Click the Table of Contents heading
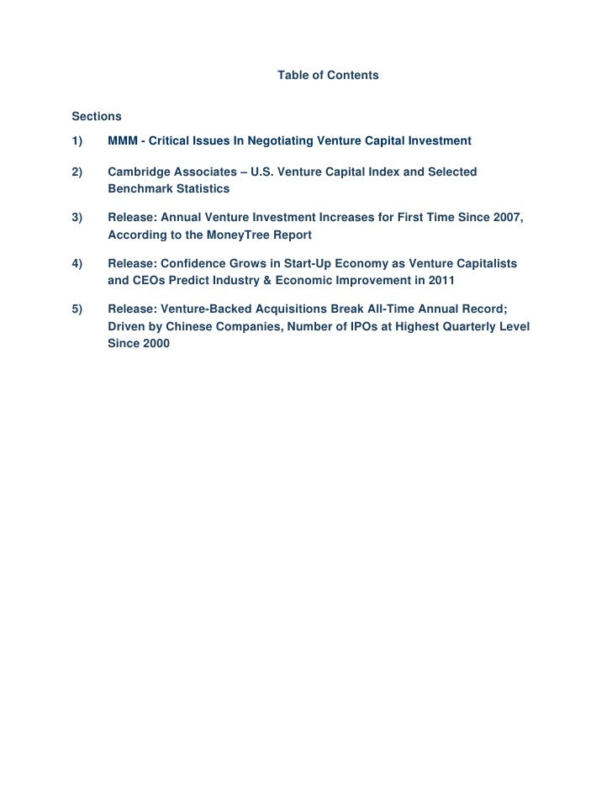coord(328,76)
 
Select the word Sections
coord(97,115)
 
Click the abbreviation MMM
coord(124,140)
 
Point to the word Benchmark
coord(140,189)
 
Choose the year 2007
coord(507,219)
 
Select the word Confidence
coord(196,264)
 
